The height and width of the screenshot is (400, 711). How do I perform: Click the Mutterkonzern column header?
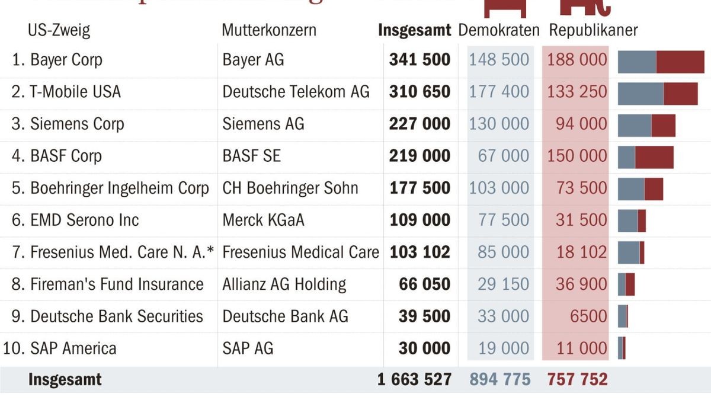tap(269, 30)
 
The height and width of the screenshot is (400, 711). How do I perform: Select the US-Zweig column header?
tap(59, 30)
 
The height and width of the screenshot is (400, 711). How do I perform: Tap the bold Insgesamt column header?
tap(414, 30)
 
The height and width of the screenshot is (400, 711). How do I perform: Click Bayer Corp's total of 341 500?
tap(419, 60)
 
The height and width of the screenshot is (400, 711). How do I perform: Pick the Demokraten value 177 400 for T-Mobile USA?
tap(499, 92)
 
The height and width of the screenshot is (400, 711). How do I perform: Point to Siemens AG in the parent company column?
tap(263, 124)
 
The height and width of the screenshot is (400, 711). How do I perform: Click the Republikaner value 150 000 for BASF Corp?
tap(577, 156)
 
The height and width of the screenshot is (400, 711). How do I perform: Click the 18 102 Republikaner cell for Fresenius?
tap(581, 252)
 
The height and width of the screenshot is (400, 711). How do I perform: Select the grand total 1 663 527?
tap(414, 379)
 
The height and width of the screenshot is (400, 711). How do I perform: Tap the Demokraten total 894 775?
tap(500, 379)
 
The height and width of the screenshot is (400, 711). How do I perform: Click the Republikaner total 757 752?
tap(577, 379)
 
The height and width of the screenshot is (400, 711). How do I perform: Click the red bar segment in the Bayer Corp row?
tap(680, 62)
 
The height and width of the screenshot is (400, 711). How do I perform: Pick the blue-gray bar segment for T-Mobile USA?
tap(640, 94)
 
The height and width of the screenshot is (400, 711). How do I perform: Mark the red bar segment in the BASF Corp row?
tap(654, 157)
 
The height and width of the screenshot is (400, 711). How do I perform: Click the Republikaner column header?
tap(593, 30)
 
